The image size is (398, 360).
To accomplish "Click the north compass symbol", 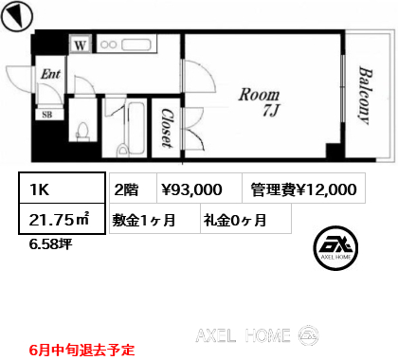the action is click(17, 16).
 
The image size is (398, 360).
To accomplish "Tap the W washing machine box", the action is click(81, 45).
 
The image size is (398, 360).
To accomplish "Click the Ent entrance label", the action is click(50, 74).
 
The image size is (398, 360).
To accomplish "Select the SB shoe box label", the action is click(47, 115).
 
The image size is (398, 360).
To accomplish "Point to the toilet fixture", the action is click(83, 131).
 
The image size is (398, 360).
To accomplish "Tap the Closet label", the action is click(167, 128).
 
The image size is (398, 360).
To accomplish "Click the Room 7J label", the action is click(260, 102).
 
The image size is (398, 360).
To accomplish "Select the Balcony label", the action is click(365, 96).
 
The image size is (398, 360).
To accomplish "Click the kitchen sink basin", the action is click(136, 45).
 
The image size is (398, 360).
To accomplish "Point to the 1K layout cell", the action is click(62, 189).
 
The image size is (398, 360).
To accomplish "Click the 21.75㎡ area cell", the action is click(62, 219).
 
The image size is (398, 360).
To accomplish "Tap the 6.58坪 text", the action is click(50, 244).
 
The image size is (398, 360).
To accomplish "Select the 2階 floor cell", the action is click(133, 188).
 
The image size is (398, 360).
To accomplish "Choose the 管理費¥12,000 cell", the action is click(304, 188).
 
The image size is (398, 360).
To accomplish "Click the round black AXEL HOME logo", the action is click(335, 248).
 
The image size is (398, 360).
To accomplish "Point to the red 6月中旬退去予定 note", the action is click(82, 350).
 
